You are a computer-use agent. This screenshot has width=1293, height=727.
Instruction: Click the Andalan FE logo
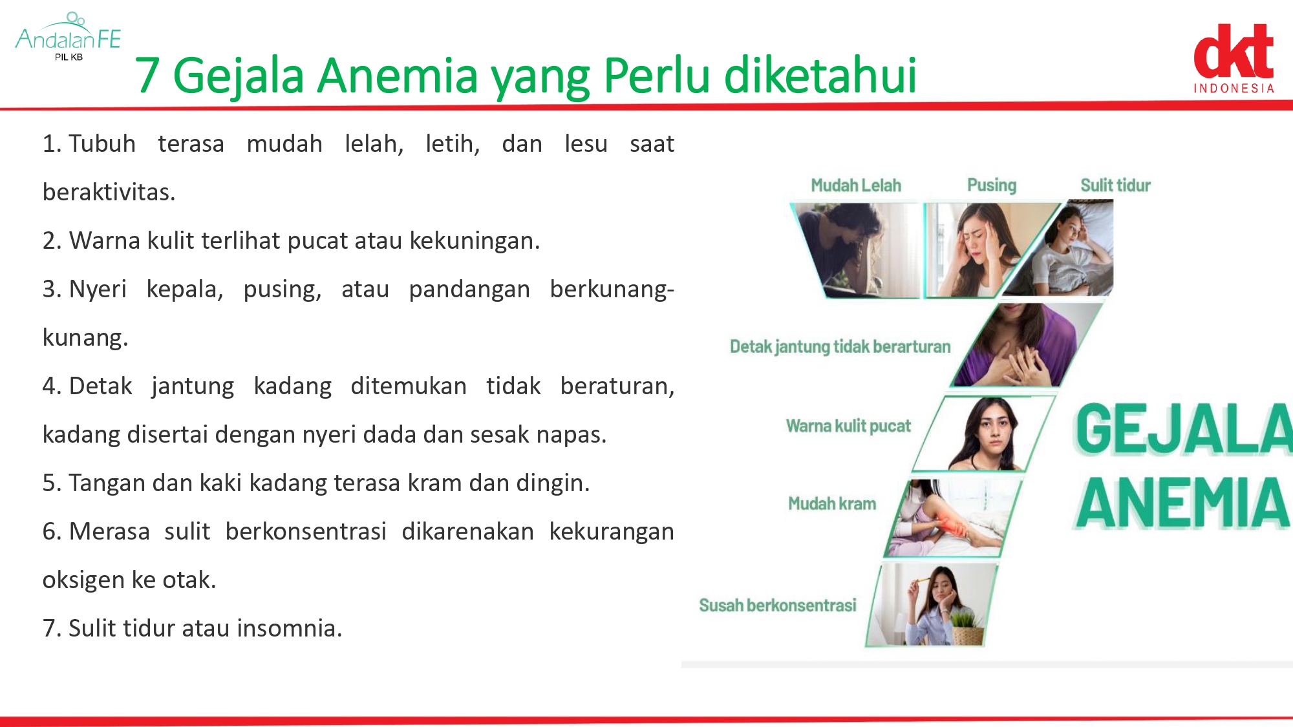[x=68, y=37]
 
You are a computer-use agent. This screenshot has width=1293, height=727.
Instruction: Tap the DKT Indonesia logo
[x=1234, y=59]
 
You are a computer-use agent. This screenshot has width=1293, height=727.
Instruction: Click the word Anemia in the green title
[x=398, y=75]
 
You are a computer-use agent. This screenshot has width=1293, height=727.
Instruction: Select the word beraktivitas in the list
[x=109, y=192]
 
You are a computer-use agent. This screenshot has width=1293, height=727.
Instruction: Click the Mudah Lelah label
[x=856, y=185]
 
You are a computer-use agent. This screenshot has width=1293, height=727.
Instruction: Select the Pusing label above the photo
[x=992, y=185]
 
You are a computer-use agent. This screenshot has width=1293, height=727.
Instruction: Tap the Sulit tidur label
[x=1115, y=185]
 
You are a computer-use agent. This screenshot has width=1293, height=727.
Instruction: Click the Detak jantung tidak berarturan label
[x=840, y=347]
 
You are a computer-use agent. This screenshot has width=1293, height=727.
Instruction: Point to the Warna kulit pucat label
[x=848, y=426]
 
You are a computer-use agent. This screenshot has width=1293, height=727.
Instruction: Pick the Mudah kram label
[x=832, y=503]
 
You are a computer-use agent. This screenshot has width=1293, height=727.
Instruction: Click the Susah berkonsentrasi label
[x=777, y=606]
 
